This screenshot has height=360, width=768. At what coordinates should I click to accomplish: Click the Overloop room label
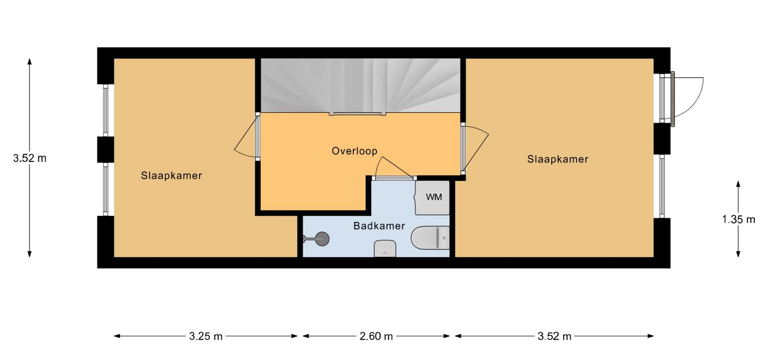pos(354,151)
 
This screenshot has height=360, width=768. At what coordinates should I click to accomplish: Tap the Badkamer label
pos(379,226)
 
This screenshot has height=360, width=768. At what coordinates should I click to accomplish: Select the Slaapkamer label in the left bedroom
pos(171,176)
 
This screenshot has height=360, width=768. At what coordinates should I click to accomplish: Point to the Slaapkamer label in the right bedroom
pos(558,159)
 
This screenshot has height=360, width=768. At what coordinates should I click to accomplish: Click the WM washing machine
pos(432,198)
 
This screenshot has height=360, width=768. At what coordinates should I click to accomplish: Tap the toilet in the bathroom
pos(430,238)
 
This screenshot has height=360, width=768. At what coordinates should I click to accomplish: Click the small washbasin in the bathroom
pos(385,248)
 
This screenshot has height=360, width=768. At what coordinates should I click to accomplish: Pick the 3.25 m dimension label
pos(206,336)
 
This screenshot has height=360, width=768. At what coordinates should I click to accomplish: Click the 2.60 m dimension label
pos(376,336)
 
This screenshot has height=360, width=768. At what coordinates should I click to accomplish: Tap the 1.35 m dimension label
pos(738,219)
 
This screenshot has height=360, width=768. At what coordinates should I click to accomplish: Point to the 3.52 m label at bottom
pos(554,336)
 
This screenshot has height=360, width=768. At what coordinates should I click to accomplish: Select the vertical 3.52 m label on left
pos(30,158)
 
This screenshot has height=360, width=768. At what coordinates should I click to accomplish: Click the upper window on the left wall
pos(106,110)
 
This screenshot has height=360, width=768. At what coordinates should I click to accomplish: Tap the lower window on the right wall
pos(662,186)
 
